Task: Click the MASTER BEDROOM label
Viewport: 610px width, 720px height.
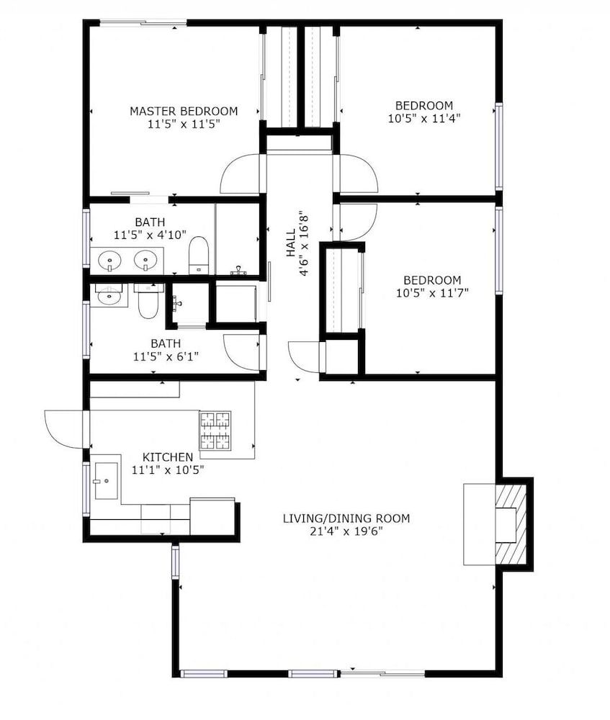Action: (184, 111)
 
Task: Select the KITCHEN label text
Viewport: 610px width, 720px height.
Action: (168, 457)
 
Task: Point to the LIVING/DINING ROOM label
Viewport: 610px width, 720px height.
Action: (346, 518)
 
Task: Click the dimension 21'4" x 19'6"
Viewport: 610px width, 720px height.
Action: (346, 531)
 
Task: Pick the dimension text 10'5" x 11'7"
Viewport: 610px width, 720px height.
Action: (432, 292)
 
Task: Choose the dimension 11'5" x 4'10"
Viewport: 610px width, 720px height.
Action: (150, 235)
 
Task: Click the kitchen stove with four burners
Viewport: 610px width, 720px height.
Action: (215, 431)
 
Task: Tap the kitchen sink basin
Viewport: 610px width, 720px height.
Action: (106, 481)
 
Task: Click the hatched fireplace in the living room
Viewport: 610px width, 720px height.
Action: (511, 524)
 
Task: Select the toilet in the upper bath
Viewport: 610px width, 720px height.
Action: (199, 256)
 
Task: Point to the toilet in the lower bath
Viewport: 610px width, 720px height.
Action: (148, 301)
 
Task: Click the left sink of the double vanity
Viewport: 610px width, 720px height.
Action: (109, 261)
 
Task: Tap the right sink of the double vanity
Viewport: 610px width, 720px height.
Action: (146, 261)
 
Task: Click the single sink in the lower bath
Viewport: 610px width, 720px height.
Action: (109, 294)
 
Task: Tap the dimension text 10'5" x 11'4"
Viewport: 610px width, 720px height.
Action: (424, 118)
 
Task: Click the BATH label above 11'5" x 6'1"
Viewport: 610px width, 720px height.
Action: (166, 343)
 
